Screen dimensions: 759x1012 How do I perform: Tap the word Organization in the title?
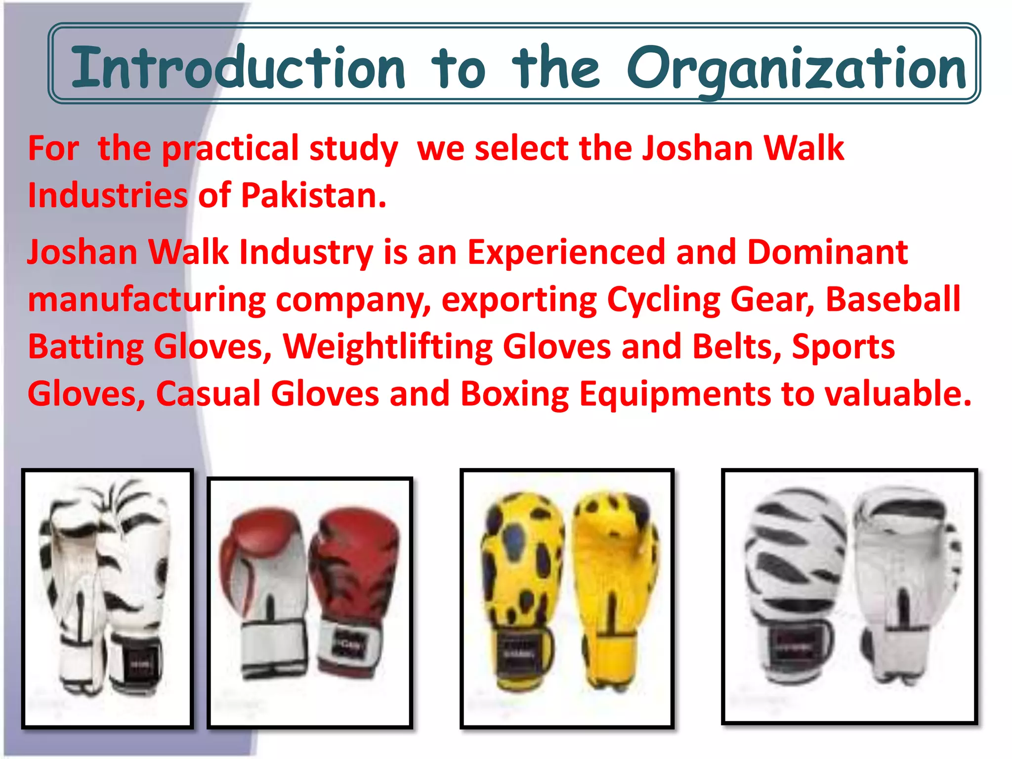click(x=796, y=69)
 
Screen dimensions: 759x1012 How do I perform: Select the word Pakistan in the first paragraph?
click(x=313, y=196)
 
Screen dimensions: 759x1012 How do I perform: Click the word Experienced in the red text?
click(x=566, y=253)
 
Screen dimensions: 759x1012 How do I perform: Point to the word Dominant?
click(x=827, y=253)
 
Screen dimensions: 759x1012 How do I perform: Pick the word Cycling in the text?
click(x=664, y=300)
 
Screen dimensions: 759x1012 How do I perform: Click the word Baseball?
click(x=893, y=299)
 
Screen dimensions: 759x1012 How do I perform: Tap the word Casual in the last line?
click(x=208, y=394)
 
